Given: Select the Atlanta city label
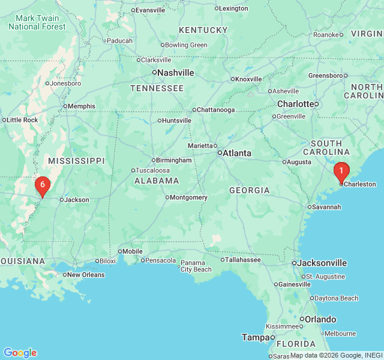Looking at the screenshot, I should pos(237,153).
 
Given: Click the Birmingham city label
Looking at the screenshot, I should pos(173,160).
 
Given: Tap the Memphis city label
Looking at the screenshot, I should pos(81,106).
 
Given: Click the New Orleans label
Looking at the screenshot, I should pos(85,275).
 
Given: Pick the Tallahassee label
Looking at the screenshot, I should pos(241,260).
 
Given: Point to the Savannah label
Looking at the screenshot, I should pos(327,207).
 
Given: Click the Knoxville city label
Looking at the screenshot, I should pos(248,79).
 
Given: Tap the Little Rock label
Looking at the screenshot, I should pos(22,120).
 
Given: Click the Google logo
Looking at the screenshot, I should pos(20,353).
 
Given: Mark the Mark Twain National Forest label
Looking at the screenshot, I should pos(37,23).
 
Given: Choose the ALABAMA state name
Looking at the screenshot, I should pos(157,181).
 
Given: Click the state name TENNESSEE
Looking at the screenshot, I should pos(157,88).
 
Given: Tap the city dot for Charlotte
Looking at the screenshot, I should pos(316,104).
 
